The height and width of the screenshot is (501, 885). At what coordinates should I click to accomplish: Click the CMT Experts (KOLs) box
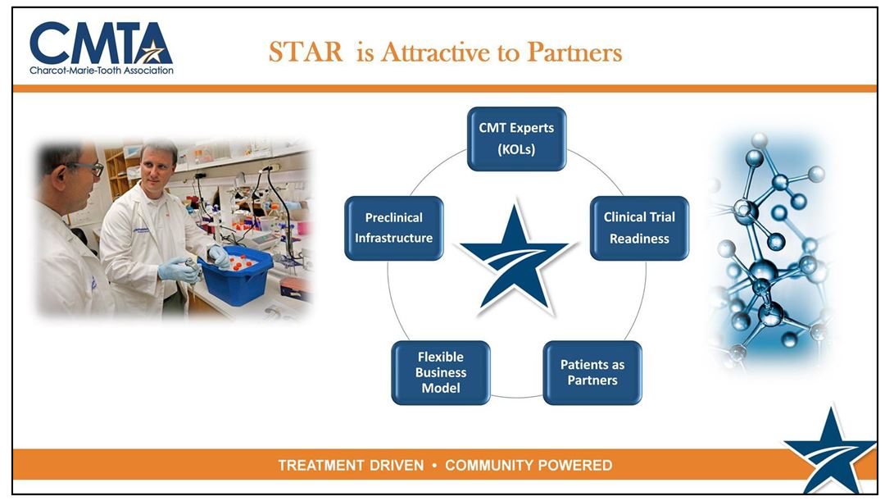pyautogui.click(x=516, y=139)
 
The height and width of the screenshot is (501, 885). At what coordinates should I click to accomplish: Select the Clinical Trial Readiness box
pyautogui.click(x=639, y=228)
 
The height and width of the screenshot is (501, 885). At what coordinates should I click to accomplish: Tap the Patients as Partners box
pyautogui.click(x=592, y=372)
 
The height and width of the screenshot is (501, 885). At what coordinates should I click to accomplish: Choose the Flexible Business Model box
pyautogui.click(x=440, y=372)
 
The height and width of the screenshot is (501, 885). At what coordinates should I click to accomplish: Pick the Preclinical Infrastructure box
pyautogui.click(x=393, y=228)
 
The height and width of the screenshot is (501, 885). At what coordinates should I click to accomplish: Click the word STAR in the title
pyautogui.click(x=306, y=52)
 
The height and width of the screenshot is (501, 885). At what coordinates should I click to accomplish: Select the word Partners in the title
pyautogui.click(x=574, y=52)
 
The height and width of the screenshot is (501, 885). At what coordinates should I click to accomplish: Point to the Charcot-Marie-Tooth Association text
pyautogui.click(x=102, y=71)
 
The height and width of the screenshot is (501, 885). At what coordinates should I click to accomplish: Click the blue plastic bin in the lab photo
pyautogui.click(x=237, y=275)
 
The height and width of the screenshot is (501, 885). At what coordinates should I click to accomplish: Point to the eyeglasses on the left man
pyautogui.click(x=90, y=168)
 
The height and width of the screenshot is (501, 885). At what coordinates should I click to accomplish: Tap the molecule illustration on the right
pyautogui.click(x=768, y=248)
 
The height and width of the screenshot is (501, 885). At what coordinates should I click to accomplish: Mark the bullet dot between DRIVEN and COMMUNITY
pyautogui.click(x=434, y=466)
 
